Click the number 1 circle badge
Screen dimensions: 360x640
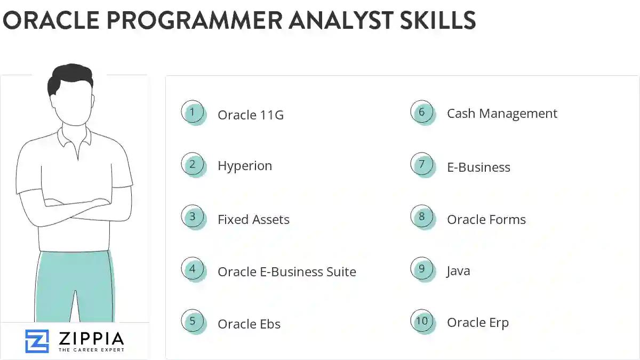[193, 113]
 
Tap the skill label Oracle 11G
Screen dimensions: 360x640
[250, 115]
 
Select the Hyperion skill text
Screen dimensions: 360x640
[244, 166]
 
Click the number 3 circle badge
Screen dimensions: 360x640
[193, 217]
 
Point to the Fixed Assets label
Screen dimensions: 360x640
[253, 219]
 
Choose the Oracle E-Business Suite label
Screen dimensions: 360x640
[286, 271]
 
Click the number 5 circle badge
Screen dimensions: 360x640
[193, 322]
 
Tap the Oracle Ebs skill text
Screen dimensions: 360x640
[249, 324]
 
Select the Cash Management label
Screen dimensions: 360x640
[501, 114]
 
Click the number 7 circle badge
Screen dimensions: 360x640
[422, 164]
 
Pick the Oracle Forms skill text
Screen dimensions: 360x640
[486, 219]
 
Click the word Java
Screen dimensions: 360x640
[458, 271]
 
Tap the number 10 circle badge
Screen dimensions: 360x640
[422, 321]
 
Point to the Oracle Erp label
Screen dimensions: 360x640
[477, 323]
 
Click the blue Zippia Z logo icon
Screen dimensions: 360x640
[37, 341]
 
